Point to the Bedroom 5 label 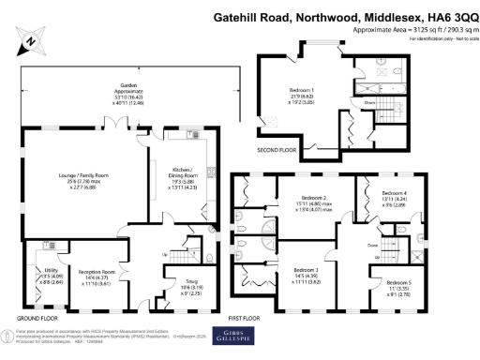[x=399, y=282]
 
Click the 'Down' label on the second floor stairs [x=370, y=103]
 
